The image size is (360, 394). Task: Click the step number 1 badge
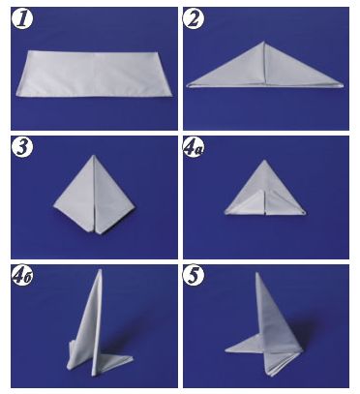(x=22, y=19)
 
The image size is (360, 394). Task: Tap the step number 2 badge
(x=194, y=19)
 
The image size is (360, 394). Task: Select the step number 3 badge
(x=22, y=147)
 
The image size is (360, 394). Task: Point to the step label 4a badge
(x=195, y=148)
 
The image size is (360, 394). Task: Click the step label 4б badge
(x=22, y=277)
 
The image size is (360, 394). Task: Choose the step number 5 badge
(x=194, y=277)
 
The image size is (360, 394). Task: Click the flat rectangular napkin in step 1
(x=94, y=74)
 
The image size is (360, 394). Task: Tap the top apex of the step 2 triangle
(x=264, y=42)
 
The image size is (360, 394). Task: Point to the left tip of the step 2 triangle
(x=188, y=85)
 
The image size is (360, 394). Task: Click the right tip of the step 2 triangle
(x=344, y=85)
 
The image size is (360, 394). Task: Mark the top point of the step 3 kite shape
(x=94, y=155)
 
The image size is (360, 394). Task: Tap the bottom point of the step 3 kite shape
(x=96, y=233)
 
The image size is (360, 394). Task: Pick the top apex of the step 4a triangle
(x=264, y=160)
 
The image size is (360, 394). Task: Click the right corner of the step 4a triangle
(x=305, y=213)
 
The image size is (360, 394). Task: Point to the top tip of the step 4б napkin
(x=101, y=269)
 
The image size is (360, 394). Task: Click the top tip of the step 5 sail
(x=257, y=273)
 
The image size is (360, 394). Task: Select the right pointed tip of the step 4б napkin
(x=133, y=357)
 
